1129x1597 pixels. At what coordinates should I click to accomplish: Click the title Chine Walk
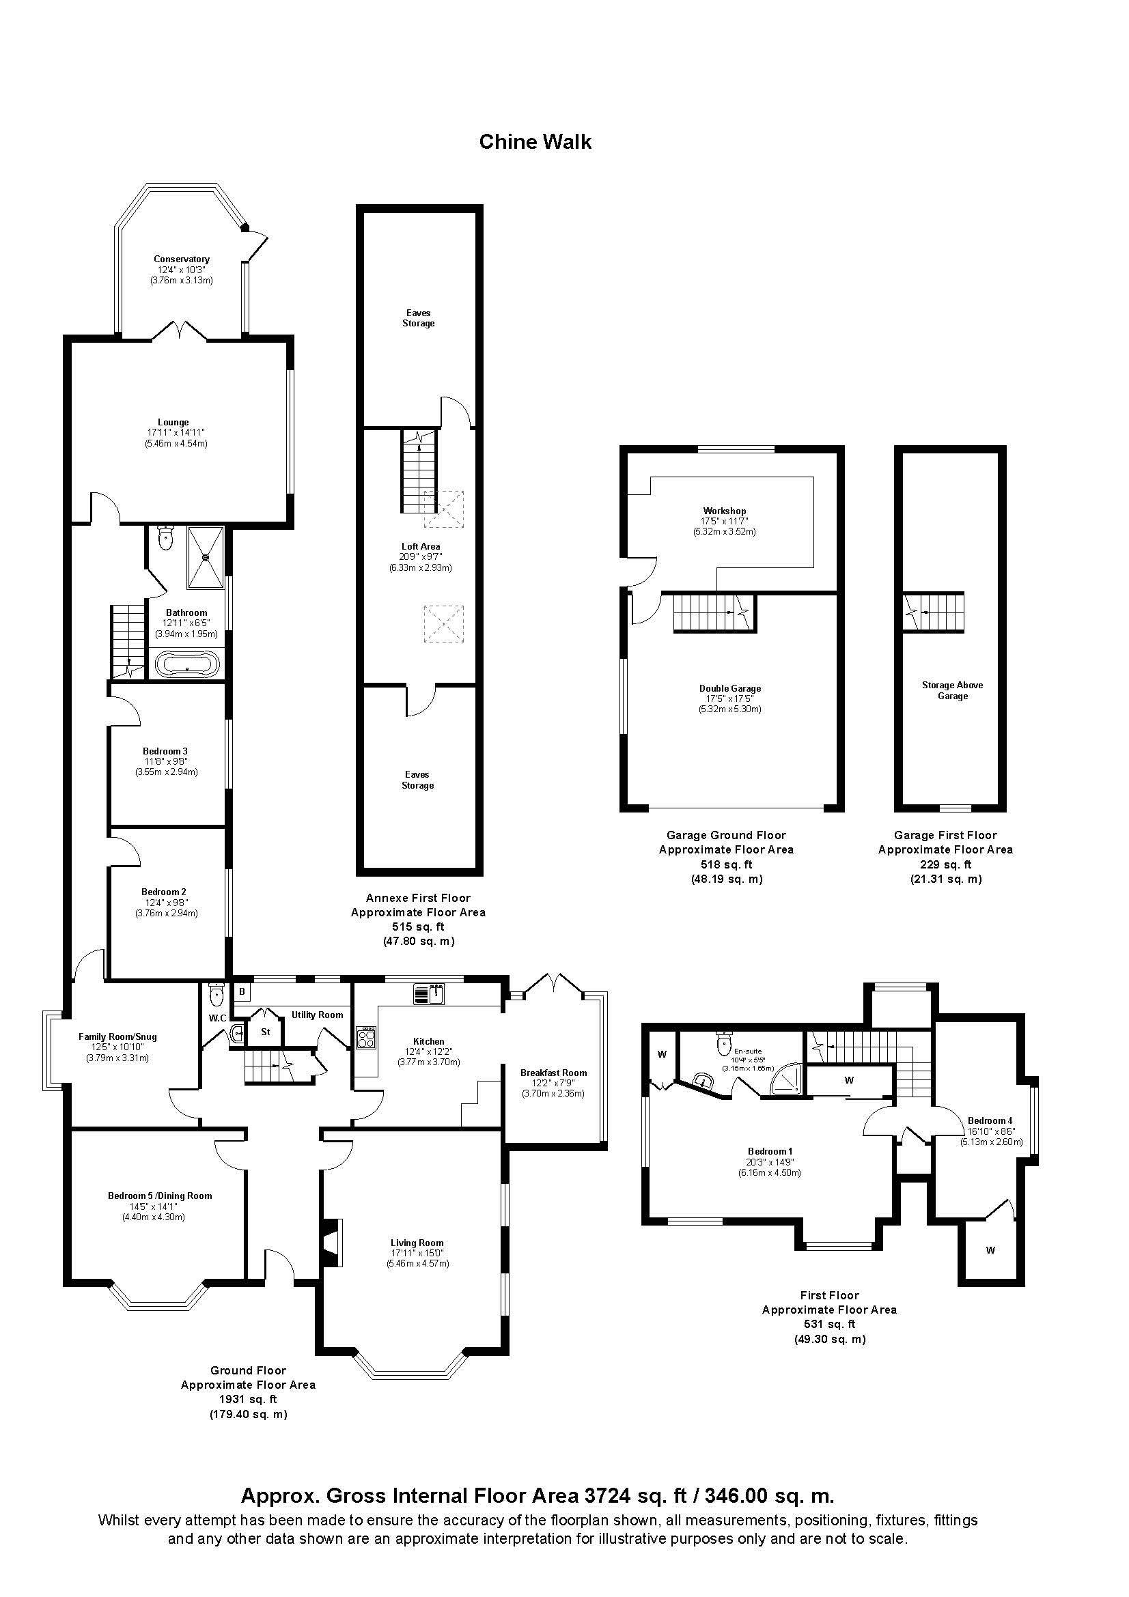[x=535, y=142]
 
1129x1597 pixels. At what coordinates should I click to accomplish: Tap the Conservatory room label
[x=182, y=259]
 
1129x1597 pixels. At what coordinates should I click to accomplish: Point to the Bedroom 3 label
[x=165, y=751]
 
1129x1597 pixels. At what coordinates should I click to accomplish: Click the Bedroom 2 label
[x=163, y=892]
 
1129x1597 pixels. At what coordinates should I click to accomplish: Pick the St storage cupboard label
[x=265, y=1032]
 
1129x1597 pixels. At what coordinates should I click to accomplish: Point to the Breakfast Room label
[x=554, y=1073]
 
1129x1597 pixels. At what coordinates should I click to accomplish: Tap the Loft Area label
[x=420, y=547]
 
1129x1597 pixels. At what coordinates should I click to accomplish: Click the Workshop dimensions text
[x=724, y=526]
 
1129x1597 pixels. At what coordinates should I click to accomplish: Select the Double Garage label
[x=729, y=689]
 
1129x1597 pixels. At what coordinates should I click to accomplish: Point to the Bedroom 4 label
[x=990, y=1120]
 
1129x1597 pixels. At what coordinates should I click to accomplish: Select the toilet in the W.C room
[x=217, y=996]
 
